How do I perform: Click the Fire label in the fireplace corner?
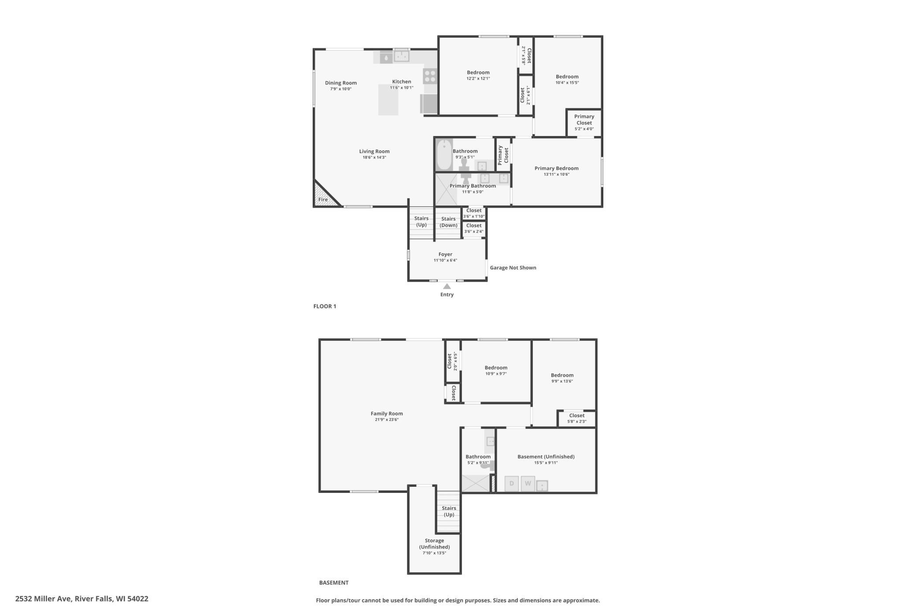(x=323, y=199)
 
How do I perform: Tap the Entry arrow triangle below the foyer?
(x=447, y=287)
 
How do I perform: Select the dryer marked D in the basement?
(x=511, y=483)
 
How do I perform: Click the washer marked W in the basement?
(x=528, y=483)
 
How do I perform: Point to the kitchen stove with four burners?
(x=430, y=76)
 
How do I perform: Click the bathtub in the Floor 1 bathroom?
(x=444, y=154)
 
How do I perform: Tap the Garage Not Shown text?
(x=513, y=268)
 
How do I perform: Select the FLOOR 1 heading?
(x=325, y=306)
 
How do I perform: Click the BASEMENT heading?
(x=334, y=583)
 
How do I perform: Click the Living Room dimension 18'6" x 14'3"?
(x=374, y=158)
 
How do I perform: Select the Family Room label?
(x=387, y=414)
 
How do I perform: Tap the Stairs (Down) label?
(x=448, y=222)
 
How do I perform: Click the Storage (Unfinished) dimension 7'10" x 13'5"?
(x=434, y=553)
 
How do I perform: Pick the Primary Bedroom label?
(x=557, y=168)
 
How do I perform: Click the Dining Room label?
(x=341, y=83)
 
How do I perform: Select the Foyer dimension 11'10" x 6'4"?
(x=445, y=261)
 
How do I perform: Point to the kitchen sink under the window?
(x=401, y=56)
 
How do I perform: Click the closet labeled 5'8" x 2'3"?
(x=577, y=418)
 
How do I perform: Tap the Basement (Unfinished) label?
(x=546, y=457)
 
